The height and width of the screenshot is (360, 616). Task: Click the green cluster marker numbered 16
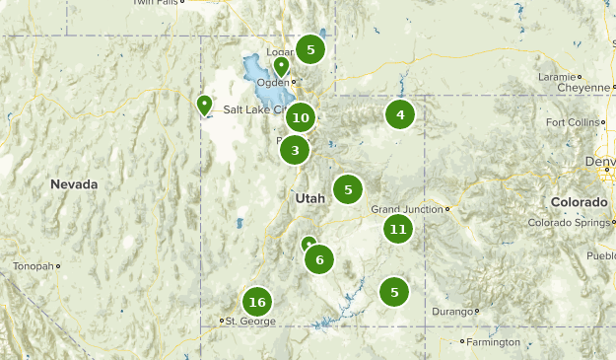coord(257,302)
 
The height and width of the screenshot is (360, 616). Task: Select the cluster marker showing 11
coord(397,230)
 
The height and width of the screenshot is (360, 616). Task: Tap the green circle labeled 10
coord(301,118)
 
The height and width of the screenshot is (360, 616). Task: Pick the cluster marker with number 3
coord(295,150)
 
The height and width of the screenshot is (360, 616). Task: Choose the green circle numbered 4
coord(399,115)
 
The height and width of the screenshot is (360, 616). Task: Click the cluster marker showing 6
coord(318,259)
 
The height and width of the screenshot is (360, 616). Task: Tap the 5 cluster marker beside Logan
coord(310,49)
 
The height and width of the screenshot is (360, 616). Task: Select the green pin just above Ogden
coord(281,66)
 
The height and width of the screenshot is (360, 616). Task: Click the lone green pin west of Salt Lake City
coord(204,104)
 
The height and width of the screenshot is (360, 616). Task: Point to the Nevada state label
coord(75,184)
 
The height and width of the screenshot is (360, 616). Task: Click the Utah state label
coord(309,198)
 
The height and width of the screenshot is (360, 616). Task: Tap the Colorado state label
coord(579,201)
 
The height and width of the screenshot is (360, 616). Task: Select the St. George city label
coord(246,321)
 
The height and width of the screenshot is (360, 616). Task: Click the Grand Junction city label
coord(408,209)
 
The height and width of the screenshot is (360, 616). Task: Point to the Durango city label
coord(451,312)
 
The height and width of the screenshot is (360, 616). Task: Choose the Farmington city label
coord(493,342)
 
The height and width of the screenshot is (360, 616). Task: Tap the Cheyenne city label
coord(582,88)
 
